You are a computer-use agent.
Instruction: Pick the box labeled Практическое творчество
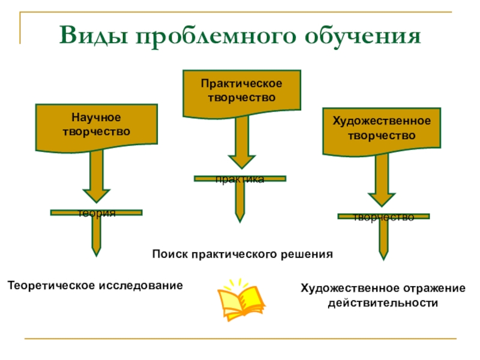(241, 91)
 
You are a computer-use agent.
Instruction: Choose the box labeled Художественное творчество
(382, 128)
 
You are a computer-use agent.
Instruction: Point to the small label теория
(97, 214)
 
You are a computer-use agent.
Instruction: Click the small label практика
(241, 179)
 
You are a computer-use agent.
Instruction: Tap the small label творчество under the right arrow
(383, 218)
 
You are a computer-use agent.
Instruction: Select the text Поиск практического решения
(242, 254)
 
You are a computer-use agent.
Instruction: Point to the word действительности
(383, 303)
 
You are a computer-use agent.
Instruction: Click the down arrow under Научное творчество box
(97, 177)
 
